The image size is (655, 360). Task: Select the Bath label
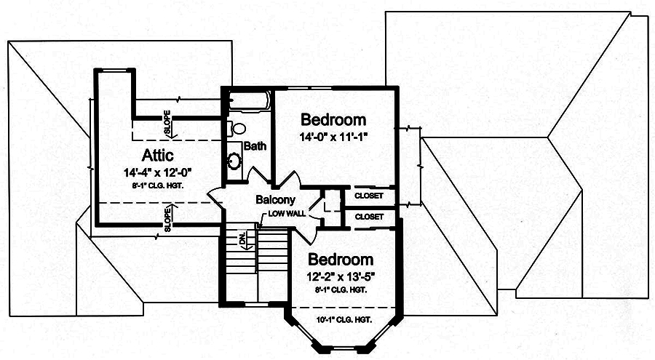pos(255,146)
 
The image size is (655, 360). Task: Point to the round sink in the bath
pos(235,161)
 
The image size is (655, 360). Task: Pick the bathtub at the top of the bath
pos(249,101)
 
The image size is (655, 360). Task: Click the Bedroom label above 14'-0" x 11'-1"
pos(333,120)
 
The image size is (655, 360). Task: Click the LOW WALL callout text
pos(286,214)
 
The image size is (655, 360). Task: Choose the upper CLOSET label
pos(369,196)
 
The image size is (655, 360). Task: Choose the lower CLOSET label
pos(369,217)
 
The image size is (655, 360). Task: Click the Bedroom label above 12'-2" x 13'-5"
pos(340,260)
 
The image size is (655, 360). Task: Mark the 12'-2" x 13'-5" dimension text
pos(341,276)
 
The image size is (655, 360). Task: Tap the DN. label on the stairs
pos(243,238)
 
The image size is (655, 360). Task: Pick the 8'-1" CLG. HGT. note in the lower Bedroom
pos(341,289)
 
